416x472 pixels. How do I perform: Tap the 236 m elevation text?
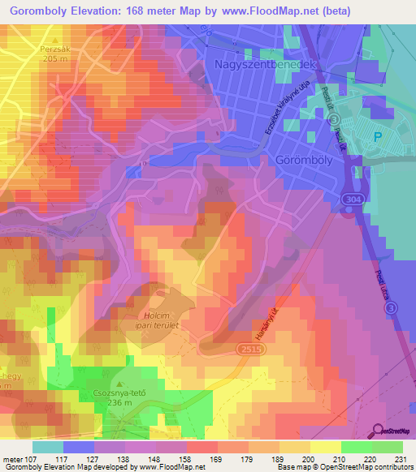119,401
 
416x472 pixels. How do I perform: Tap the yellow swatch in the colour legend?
325,447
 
